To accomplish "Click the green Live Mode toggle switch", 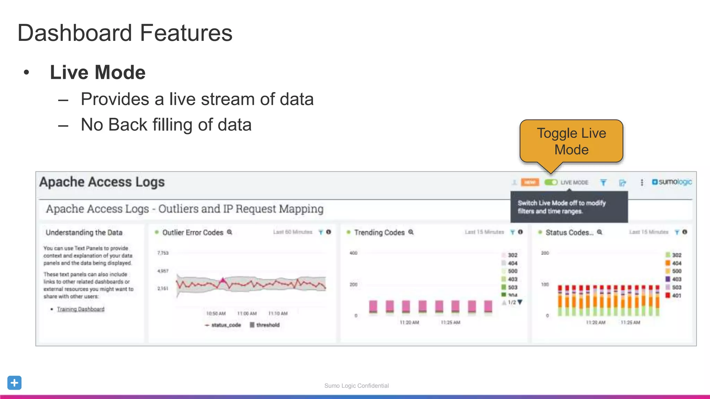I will tap(551, 182).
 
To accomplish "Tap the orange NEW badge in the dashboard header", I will tap(530, 182).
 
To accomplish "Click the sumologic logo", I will tap(672, 182).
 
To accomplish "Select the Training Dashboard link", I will tap(80, 309).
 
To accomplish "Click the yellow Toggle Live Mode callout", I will tap(571, 141).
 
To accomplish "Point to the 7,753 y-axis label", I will tap(163, 253).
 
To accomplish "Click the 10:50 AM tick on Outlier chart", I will tap(216, 313).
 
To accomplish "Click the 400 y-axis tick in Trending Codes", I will tap(353, 253).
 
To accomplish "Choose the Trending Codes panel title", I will tap(379, 232).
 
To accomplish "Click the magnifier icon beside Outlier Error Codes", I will tap(230, 232).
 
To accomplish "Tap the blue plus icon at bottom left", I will tap(14, 383).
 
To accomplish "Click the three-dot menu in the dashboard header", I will tap(642, 182).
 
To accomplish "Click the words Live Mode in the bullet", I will tap(97, 72).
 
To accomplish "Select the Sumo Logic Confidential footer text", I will tap(356, 385).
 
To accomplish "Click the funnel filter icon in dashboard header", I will tap(603, 182).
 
